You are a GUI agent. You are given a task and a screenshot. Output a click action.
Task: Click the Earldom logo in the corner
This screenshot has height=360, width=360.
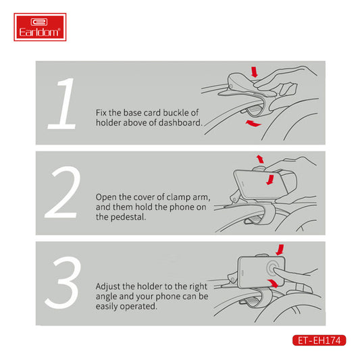click(x=40, y=27)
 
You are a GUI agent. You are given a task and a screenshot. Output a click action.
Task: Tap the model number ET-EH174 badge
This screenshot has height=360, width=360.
click(x=319, y=340)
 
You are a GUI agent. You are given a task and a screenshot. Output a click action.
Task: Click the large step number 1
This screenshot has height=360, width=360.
click(x=63, y=103)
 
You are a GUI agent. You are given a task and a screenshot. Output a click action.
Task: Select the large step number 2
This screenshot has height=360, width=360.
click(x=62, y=192)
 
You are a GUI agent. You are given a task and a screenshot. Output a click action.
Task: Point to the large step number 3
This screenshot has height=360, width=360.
click(x=63, y=282)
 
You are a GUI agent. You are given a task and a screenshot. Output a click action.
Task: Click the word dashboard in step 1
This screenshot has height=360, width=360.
click(x=180, y=123)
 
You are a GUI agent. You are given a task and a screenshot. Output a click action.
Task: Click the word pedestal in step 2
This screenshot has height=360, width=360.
click(x=128, y=217)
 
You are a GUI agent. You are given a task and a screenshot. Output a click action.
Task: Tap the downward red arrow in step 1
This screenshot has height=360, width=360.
click(x=255, y=72)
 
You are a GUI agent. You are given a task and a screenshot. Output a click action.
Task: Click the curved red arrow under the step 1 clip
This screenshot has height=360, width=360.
click(x=253, y=124)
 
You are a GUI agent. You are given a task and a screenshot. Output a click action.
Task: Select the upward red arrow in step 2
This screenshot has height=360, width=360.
click(x=260, y=159)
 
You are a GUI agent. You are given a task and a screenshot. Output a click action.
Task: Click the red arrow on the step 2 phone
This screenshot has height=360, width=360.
click(x=270, y=180)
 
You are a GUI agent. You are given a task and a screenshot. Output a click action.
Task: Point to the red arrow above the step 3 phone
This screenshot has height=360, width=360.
click(x=280, y=249)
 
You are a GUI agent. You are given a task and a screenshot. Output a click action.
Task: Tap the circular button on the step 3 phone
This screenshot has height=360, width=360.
click(x=272, y=269)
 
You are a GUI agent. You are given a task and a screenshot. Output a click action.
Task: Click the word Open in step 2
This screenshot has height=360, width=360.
click(x=106, y=197)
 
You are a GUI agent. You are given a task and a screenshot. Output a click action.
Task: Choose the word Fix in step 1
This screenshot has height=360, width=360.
click(x=101, y=113)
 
